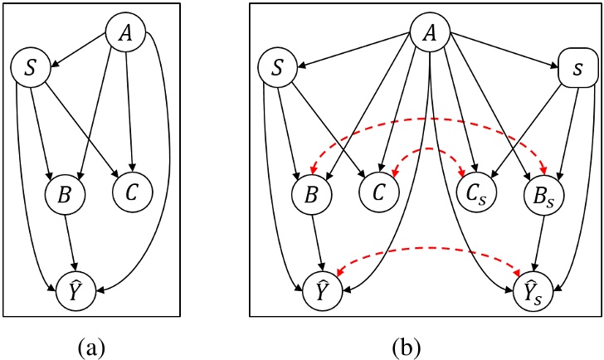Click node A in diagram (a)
coord(126,34)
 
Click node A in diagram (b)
coord(431,34)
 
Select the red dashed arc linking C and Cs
coord(427,149)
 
